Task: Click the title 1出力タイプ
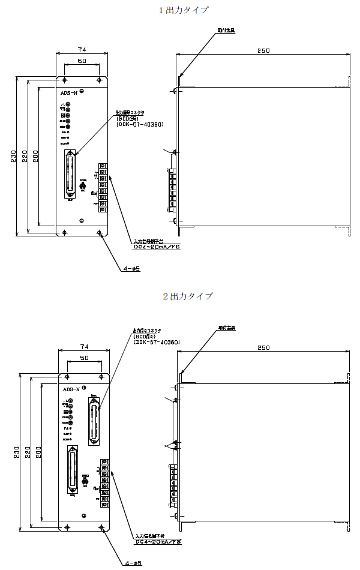coord(184,10)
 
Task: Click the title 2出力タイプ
coord(188,296)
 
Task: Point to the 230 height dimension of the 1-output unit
coord(14,156)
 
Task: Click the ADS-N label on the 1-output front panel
coord(69,93)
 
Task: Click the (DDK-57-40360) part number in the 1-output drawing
coord(140,124)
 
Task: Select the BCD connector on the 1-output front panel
coord(71,175)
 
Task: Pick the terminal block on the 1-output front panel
coord(103,187)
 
